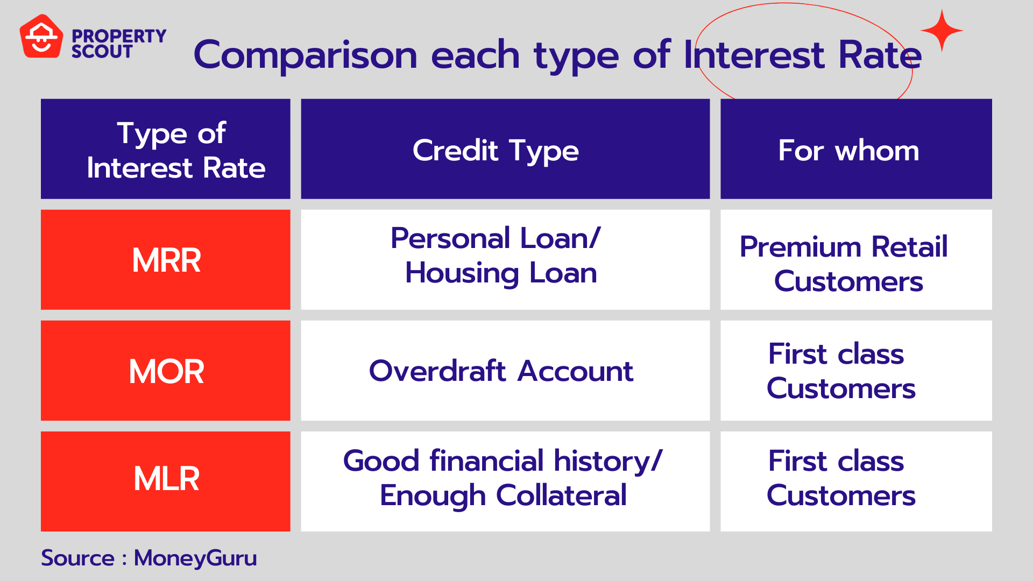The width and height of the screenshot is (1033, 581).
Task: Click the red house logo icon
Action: pos(41,37)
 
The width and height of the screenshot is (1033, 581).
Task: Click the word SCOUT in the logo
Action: pos(102,52)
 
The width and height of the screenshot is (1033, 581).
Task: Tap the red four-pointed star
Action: pos(942,31)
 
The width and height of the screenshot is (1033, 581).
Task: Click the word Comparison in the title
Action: pos(305,55)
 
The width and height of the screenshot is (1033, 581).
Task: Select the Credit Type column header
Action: pos(496,150)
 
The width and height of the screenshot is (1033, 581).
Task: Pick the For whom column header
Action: pos(848,150)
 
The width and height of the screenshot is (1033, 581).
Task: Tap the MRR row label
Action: pos(166,260)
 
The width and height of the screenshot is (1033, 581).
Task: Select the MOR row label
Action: pos(166,371)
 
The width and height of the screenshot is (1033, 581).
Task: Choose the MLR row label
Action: pos(166,479)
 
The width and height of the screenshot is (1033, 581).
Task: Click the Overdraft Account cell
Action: pos(501,371)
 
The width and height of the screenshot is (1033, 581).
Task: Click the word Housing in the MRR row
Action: pos(462,273)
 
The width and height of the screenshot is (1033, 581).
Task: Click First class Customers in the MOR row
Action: pos(840,371)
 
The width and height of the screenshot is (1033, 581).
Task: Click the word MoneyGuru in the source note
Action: pos(195,558)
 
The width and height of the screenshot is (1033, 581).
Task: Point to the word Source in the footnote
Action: pos(77,558)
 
